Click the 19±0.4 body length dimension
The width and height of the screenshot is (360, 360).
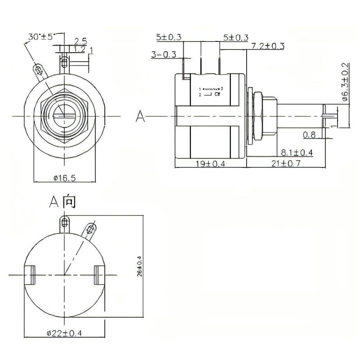[210, 163]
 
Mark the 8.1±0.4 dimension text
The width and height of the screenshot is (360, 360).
[297, 151]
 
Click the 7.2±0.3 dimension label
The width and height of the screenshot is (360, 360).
[268, 46]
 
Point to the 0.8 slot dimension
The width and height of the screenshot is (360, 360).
[309, 135]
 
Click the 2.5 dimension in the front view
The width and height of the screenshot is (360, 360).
[81, 41]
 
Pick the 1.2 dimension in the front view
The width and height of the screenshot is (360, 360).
[80, 49]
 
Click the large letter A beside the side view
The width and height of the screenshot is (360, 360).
[141, 117]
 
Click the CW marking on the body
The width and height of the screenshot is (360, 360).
[217, 94]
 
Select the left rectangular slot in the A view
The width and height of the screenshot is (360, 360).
[31, 275]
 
